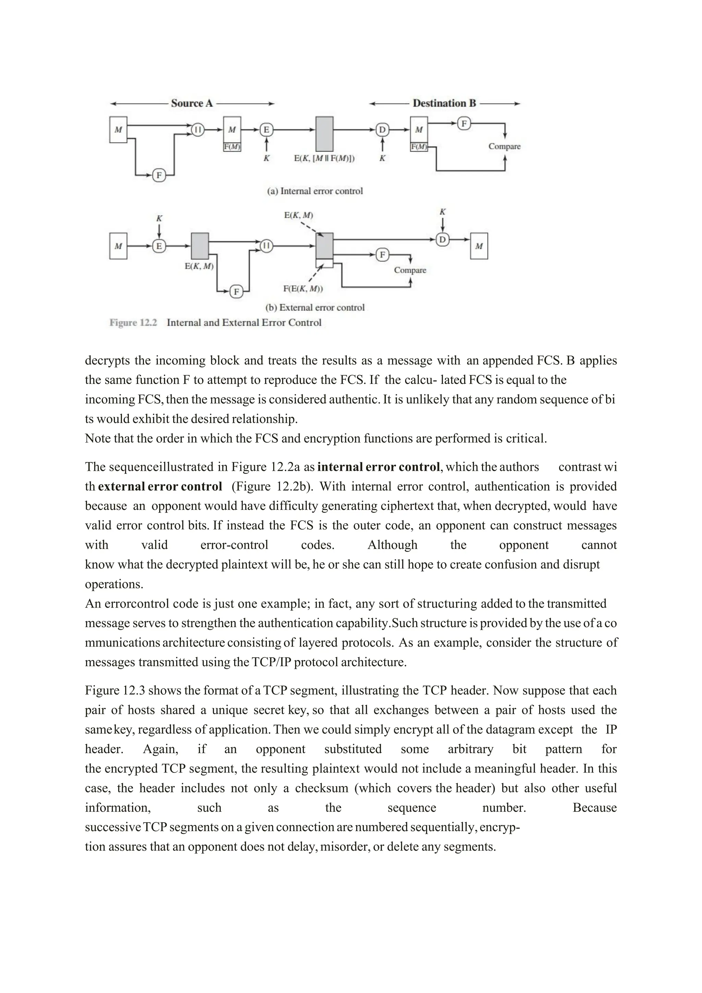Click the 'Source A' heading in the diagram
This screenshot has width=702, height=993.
point(192,103)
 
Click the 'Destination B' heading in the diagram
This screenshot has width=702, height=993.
point(444,103)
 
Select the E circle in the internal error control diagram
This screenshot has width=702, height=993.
point(266,129)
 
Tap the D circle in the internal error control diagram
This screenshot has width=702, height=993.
point(382,129)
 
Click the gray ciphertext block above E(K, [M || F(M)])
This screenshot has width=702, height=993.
point(324,134)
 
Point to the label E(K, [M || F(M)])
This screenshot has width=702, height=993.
point(324,158)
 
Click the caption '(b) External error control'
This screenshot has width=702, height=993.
point(315,308)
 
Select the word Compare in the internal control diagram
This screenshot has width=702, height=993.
point(505,146)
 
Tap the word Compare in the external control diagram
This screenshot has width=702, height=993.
point(410,270)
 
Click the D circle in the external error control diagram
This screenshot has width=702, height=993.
point(442,239)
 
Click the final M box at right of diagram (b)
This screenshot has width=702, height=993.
point(479,246)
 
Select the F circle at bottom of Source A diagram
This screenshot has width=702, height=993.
point(159,175)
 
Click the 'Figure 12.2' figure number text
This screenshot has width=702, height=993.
point(133,323)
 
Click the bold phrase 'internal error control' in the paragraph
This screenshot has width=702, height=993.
point(378,467)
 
